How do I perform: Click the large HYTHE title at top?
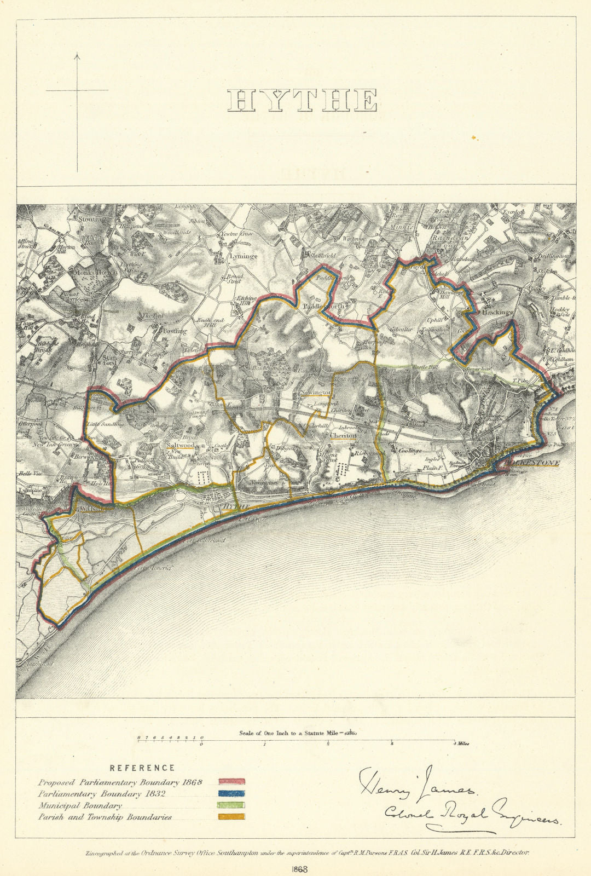(302, 101)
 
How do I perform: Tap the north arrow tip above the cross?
(77, 54)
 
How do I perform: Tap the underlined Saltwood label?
(180, 446)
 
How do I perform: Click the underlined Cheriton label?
(343, 436)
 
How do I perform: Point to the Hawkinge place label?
(497, 312)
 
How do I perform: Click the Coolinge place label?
(410, 451)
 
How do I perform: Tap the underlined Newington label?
(315, 393)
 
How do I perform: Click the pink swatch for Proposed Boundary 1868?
(231, 782)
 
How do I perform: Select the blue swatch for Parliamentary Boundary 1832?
(231, 793)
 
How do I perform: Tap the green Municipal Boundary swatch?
(231, 805)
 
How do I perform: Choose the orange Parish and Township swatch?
(231, 816)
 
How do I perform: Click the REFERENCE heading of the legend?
(142, 768)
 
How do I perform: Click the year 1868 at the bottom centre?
(300, 869)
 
